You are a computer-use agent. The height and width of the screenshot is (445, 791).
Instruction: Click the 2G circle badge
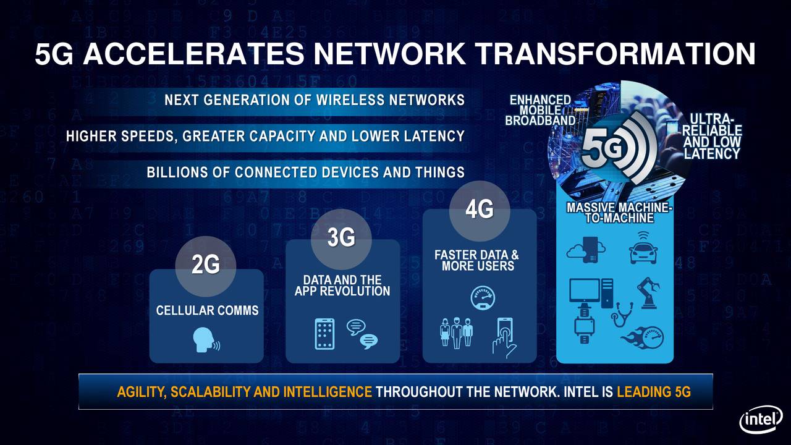tap(206, 265)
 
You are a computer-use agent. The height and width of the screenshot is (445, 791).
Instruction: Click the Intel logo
tap(761, 422)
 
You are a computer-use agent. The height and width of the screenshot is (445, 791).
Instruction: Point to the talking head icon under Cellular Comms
tap(206, 340)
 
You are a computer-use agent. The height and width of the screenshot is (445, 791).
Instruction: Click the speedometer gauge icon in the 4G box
tap(483, 297)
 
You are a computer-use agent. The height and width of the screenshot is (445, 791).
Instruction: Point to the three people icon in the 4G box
tap(456, 334)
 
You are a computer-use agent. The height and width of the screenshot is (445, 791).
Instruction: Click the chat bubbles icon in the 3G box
tap(362, 334)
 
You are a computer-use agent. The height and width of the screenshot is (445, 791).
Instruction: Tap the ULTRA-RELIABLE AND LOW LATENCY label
tap(712, 136)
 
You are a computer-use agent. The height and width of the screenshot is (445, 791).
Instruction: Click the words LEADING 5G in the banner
tap(653, 392)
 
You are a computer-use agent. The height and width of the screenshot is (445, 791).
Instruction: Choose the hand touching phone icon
tap(504, 337)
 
